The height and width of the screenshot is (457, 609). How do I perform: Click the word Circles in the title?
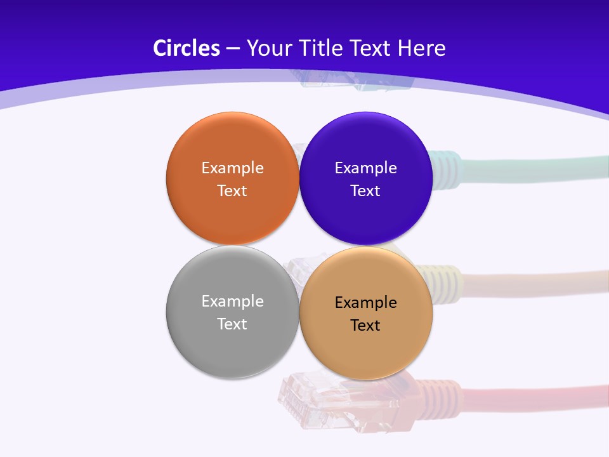coord(187,48)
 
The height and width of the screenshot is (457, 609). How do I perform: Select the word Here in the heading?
coord(422,48)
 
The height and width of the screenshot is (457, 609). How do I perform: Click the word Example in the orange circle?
coord(232,168)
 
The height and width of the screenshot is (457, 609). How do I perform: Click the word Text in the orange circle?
coord(232,190)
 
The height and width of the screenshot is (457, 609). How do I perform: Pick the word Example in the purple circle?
coord(365,168)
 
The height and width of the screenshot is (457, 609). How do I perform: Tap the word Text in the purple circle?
coord(365,190)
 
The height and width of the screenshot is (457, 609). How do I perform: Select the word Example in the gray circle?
coord(232,301)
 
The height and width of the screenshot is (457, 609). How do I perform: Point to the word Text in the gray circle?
coord(232,324)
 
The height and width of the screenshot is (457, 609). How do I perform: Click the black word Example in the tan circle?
coord(365,303)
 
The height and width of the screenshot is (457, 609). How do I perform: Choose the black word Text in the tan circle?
coord(365,325)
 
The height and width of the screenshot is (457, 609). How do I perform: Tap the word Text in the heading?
coord(371,48)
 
